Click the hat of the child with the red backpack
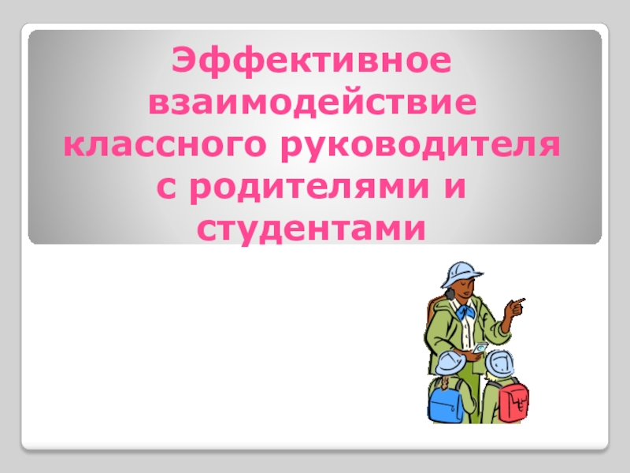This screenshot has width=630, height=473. coord(498,363)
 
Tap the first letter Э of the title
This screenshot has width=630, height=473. coord(183,61)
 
